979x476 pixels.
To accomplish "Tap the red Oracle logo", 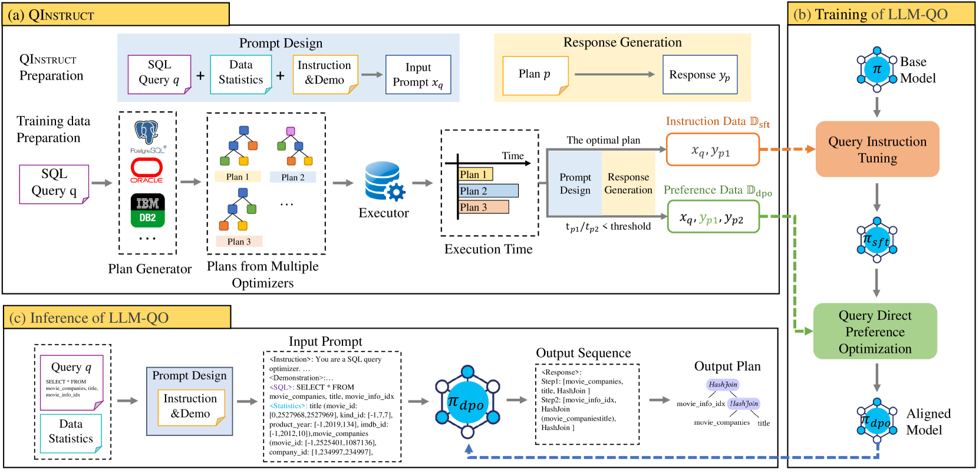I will (147, 169).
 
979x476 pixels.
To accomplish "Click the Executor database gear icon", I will (384, 182).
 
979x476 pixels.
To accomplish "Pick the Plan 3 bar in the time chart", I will (483, 207).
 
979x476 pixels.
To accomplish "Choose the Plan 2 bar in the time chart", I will (488, 191).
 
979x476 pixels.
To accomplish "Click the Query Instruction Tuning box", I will (877, 150).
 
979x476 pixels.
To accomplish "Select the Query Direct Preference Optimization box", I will (875, 332).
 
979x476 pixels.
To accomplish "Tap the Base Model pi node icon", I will (877, 70).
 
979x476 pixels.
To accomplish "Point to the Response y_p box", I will (700, 75).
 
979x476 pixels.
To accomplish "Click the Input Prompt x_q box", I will (418, 75).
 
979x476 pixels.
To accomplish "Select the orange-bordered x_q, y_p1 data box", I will (712, 150).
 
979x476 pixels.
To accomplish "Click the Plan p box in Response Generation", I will (535, 75).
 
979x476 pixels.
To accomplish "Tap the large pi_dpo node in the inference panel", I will (467, 403).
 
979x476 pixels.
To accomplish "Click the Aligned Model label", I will (928, 422).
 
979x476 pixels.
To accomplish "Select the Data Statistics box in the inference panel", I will (71, 432).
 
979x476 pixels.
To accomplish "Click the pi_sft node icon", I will (877, 240).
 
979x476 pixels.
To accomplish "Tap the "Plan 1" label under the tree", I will (238, 177).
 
